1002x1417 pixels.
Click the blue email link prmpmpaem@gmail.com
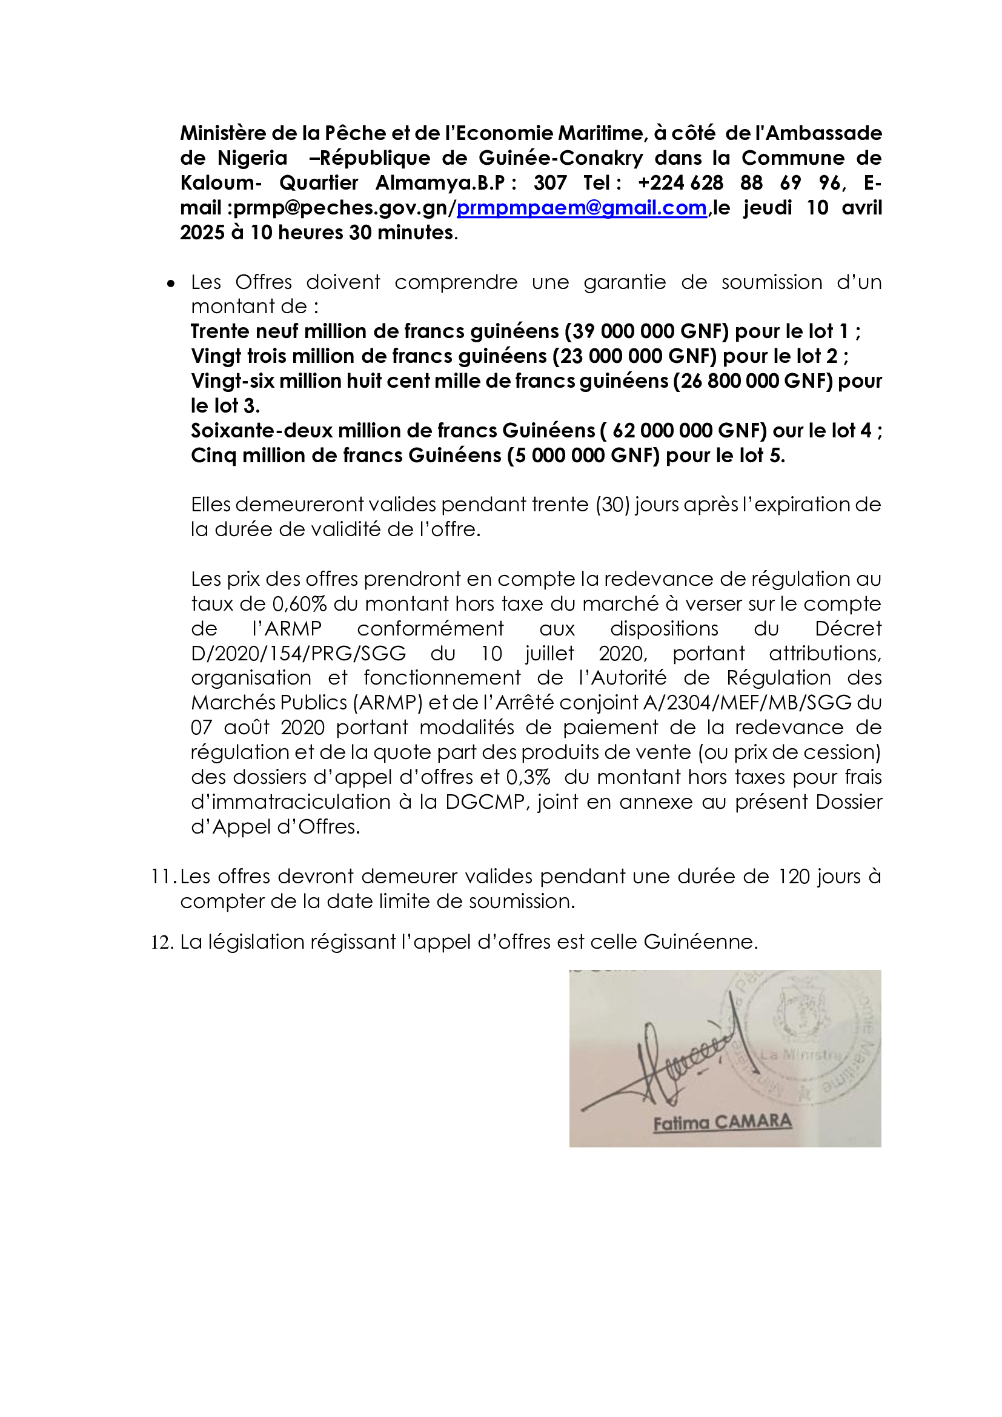(x=581, y=208)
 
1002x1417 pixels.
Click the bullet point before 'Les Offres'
(x=171, y=284)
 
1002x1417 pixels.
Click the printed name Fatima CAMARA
(x=722, y=1122)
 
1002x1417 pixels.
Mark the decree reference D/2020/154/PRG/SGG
(x=299, y=653)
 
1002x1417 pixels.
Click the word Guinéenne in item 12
(x=700, y=942)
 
